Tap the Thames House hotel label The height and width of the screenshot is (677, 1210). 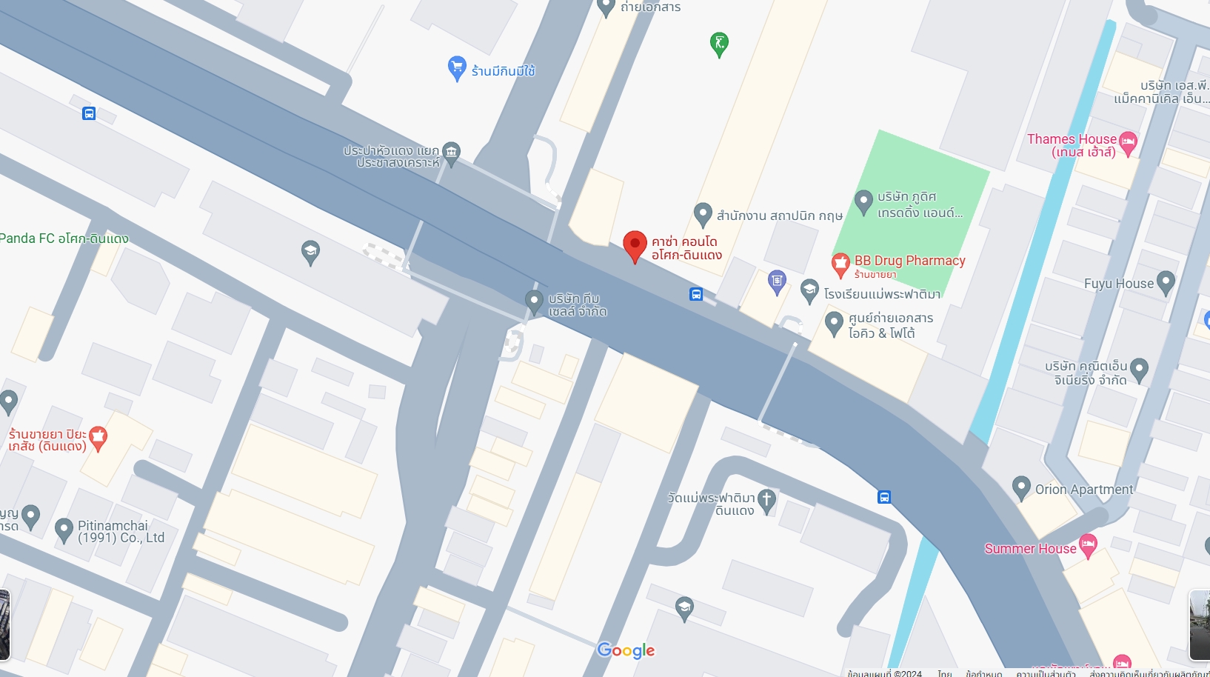click(x=1072, y=145)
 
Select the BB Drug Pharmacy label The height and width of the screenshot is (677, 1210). click(x=909, y=261)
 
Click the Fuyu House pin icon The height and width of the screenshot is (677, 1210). click(x=1166, y=282)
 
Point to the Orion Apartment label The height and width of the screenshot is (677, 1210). click(x=1083, y=490)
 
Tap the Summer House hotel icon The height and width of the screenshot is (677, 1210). click(x=1088, y=546)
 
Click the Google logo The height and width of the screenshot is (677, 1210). click(x=626, y=650)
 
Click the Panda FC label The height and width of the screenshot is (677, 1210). click(x=64, y=239)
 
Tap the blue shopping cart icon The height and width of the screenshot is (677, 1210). click(x=457, y=67)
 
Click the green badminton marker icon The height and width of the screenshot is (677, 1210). click(x=718, y=43)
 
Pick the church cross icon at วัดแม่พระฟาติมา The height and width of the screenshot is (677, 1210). click(x=766, y=500)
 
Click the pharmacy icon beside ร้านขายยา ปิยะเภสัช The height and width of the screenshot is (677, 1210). click(x=98, y=438)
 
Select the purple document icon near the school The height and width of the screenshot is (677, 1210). click(x=776, y=281)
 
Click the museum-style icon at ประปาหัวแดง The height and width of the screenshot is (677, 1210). click(x=451, y=153)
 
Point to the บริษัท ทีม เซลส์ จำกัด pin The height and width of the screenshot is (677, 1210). click(x=534, y=301)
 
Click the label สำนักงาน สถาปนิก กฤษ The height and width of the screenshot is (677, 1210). click(x=779, y=216)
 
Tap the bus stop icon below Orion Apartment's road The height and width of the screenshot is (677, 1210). click(x=884, y=497)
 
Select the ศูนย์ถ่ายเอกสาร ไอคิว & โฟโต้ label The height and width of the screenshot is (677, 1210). click(x=890, y=326)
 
